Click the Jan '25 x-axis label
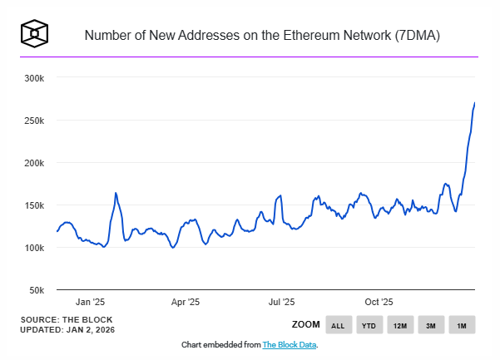point(90,303)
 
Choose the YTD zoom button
point(369,325)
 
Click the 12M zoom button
point(400,325)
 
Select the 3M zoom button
point(431,325)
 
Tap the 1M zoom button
point(462,325)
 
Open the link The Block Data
point(290,344)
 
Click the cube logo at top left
point(36,34)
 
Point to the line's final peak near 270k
point(474,103)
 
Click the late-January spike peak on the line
point(116,193)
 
